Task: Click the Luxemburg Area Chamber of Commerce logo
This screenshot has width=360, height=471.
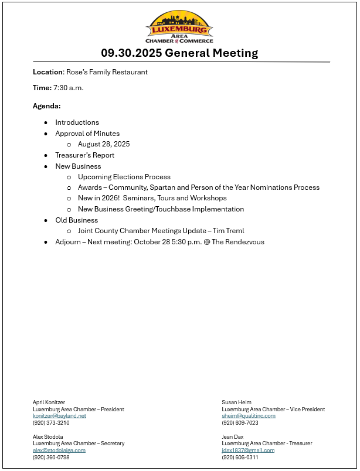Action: click(x=179, y=27)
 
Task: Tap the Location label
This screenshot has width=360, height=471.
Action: click(x=47, y=72)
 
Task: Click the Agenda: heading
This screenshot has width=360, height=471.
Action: click(x=47, y=106)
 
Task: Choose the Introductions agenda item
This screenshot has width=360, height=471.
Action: click(x=77, y=122)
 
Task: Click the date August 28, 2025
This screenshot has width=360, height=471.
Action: click(x=104, y=144)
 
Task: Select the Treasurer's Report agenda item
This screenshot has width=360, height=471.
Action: click(x=84, y=155)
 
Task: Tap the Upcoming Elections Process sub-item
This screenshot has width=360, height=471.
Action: click(x=124, y=177)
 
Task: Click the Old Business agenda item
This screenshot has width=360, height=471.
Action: click(x=76, y=220)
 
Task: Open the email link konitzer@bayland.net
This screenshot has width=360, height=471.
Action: click(x=59, y=415)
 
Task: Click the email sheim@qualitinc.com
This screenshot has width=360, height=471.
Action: click(x=249, y=415)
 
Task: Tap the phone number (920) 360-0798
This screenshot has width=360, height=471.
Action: click(x=51, y=457)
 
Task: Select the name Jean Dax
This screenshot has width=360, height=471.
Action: click(x=232, y=436)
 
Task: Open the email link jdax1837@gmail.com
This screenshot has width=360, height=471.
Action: click(x=248, y=450)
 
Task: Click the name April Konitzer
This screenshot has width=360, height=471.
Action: click(x=49, y=402)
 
